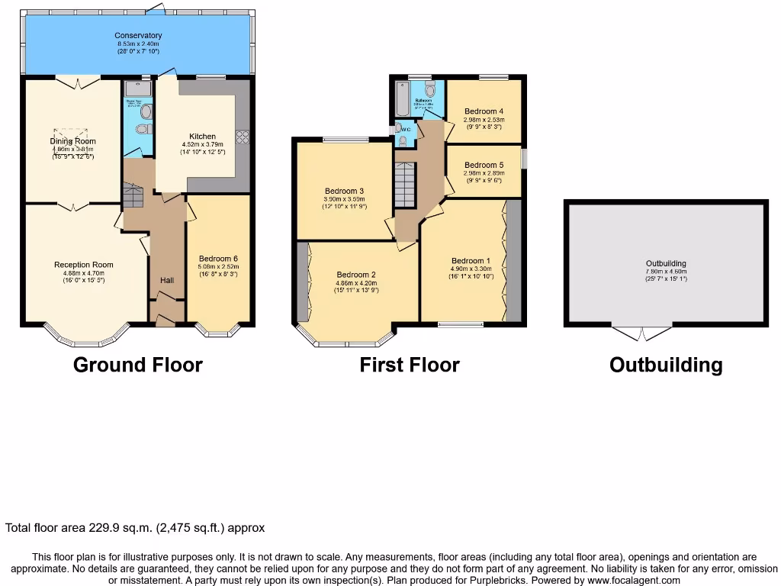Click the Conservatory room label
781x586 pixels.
(x=138, y=35)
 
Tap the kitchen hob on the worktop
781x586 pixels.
(x=243, y=137)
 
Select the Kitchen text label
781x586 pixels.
(x=198, y=137)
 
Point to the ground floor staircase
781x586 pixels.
(x=133, y=196)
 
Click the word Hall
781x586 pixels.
(x=167, y=281)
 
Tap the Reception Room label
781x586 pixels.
(x=83, y=265)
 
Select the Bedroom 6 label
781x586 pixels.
(x=218, y=258)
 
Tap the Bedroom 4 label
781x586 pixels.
(x=484, y=111)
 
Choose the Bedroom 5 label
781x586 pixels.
(x=484, y=165)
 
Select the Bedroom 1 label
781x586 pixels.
(x=471, y=260)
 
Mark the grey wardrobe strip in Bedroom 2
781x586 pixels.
(x=303, y=282)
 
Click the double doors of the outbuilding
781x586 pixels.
(x=642, y=333)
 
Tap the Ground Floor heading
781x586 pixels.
(x=137, y=365)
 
